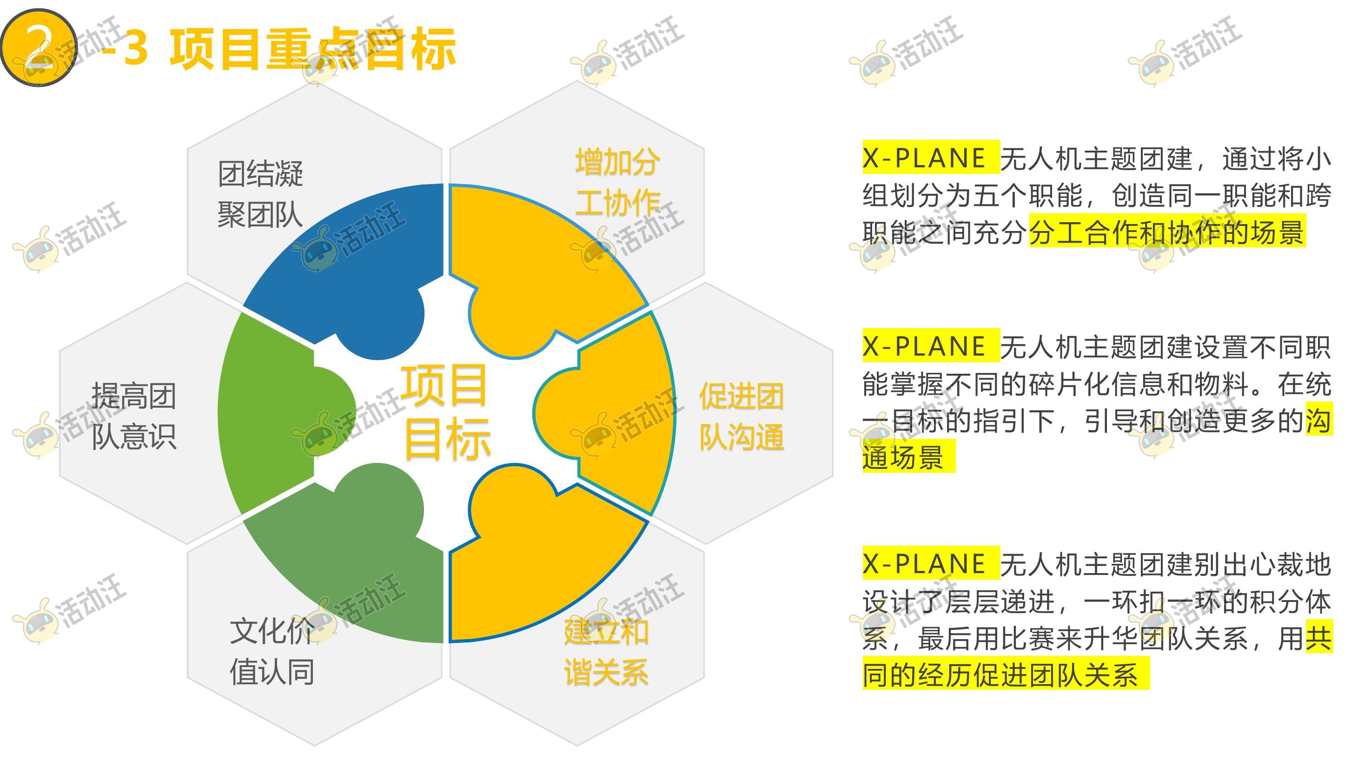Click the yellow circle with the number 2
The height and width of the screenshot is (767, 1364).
coord(39,47)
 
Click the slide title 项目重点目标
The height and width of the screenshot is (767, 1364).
coord(312,49)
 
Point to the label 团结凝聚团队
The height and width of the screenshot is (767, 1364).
coord(260,194)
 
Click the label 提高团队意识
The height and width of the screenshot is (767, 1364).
coord(133,416)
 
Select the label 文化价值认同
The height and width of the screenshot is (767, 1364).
coord(272,652)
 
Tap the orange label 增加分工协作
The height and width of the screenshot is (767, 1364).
coord(617,183)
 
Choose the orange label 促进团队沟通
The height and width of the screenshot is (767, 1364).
coord(742,416)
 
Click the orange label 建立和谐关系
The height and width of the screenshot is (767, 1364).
coord(606,652)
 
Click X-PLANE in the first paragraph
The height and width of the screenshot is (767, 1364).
coord(924,158)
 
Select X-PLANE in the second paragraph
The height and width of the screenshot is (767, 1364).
coord(924,346)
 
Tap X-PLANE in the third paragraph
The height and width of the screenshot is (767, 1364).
coord(924,563)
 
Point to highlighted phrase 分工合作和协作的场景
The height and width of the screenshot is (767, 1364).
coord(1167,232)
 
